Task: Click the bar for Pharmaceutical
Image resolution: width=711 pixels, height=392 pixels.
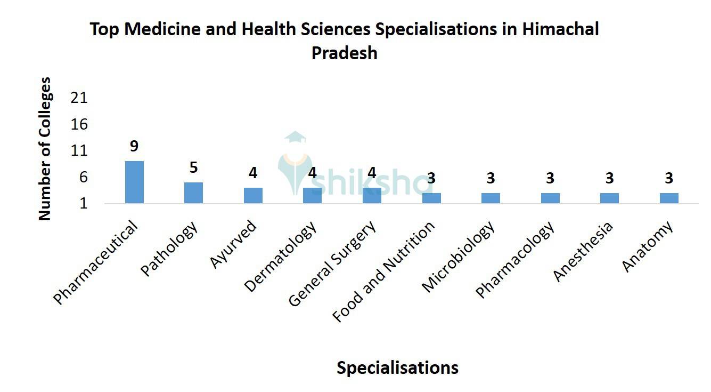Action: tap(134, 182)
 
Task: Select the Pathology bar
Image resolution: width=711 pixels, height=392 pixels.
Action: tap(193, 193)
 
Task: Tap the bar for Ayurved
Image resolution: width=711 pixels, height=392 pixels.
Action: tap(253, 195)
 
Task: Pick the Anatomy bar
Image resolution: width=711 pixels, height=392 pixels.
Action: tap(669, 198)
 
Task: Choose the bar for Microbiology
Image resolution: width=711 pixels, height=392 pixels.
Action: tap(491, 198)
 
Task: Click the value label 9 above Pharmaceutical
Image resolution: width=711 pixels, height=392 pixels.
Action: tap(134, 146)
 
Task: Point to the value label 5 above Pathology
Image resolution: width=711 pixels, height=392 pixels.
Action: tap(193, 167)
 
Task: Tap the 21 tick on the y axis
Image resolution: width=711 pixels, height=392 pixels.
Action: tap(79, 98)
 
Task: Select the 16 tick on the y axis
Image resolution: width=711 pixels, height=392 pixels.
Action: tap(79, 125)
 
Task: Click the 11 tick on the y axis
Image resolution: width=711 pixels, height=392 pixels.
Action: tap(79, 151)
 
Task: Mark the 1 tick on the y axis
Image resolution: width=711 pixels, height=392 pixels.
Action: tap(83, 204)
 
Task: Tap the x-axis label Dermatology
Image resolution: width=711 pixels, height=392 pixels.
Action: tap(281, 256)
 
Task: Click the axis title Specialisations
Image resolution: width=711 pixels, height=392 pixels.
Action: tap(397, 367)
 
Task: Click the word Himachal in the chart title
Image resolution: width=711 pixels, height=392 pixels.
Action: tap(560, 29)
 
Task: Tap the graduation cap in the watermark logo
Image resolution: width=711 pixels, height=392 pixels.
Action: tap(295, 138)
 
